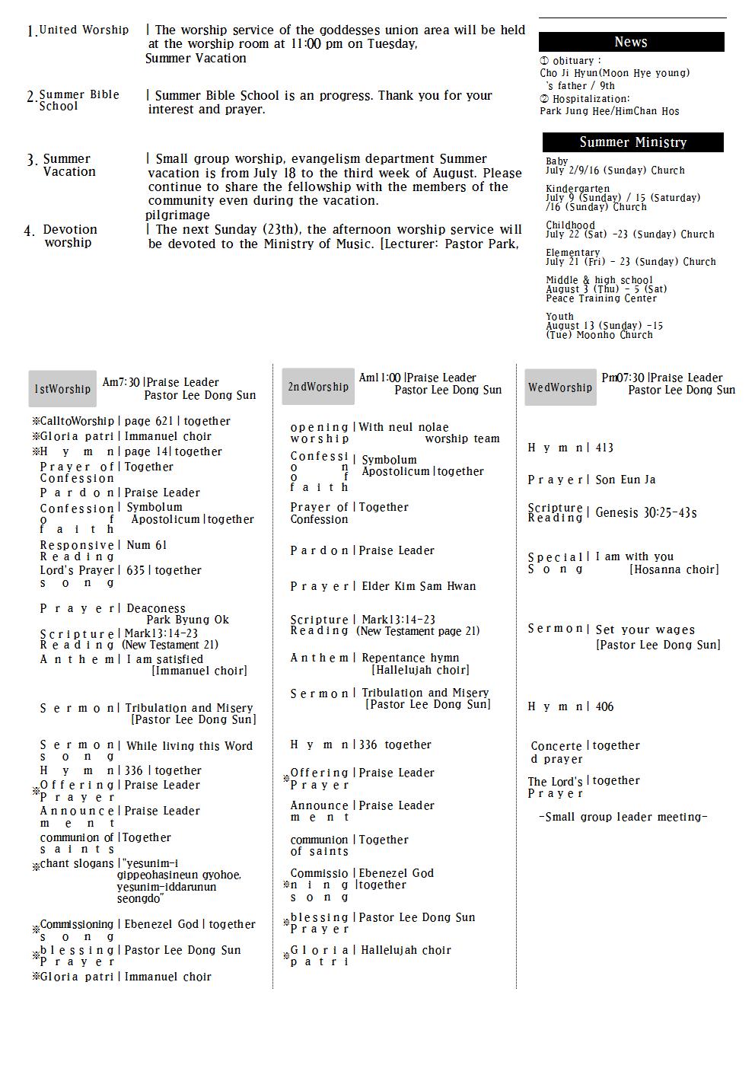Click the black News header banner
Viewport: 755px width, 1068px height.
631,42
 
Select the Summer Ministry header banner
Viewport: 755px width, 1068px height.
632,142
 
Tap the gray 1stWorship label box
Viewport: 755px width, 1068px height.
62,389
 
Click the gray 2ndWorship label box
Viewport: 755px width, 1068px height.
318,387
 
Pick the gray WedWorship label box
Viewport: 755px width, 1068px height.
560,387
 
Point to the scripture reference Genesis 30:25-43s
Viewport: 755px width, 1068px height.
646,513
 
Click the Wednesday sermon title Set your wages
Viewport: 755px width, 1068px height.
645,630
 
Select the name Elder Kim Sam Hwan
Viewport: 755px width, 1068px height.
417,586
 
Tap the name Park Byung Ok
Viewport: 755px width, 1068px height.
187,620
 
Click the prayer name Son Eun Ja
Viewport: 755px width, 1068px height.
626,480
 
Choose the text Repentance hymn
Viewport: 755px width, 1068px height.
410,658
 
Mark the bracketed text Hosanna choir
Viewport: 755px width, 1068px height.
674,569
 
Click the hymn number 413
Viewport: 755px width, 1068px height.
604,448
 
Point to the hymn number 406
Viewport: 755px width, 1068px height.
604,706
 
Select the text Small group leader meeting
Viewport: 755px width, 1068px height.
623,817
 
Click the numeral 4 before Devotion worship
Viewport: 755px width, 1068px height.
29,231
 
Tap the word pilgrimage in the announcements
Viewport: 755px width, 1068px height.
177,215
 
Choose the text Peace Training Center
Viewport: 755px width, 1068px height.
601,298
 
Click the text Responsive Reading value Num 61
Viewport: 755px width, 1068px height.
146,545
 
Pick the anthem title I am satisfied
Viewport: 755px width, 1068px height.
164,659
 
